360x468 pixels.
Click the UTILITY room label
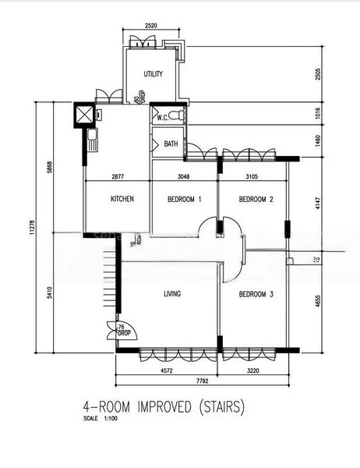(x=153, y=74)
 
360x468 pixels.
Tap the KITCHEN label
(x=122, y=199)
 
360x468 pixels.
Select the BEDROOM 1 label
(x=185, y=199)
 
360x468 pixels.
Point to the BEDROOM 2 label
(x=256, y=199)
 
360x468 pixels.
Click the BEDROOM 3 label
(x=256, y=294)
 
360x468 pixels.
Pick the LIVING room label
(x=171, y=294)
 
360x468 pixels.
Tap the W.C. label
(x=164, y=118)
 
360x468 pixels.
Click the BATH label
(x=171, y=144)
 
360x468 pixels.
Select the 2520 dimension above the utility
(x=151, y=27)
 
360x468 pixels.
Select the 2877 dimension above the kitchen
(x=118, y=177)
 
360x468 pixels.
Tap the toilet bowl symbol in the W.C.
(x=180, y=115)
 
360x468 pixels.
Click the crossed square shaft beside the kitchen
(x=82, y=115)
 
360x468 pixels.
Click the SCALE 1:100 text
(x=101, y=419)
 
